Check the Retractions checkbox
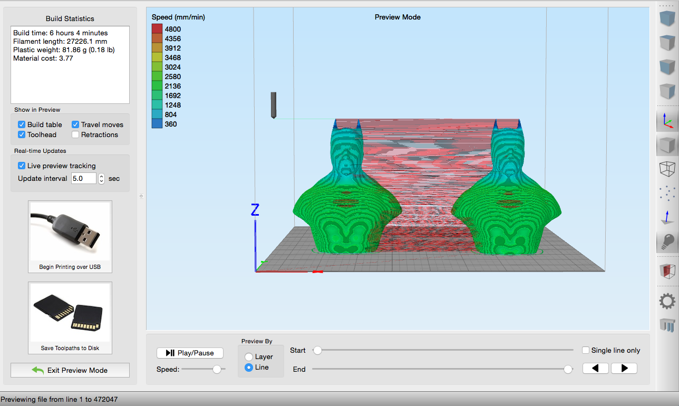(x=75, y=134)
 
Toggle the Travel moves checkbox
(x=75, y=124)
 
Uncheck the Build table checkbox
(x=22, y=124)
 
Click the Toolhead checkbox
(x=22, y=134)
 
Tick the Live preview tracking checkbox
(x=22, y=166)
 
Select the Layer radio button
(x=249, y=356)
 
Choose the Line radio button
(x=249, y=368)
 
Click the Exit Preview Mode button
(x=70, y=370)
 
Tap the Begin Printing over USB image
(x=70, y=237)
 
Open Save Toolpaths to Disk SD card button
(x=70, y=318)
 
